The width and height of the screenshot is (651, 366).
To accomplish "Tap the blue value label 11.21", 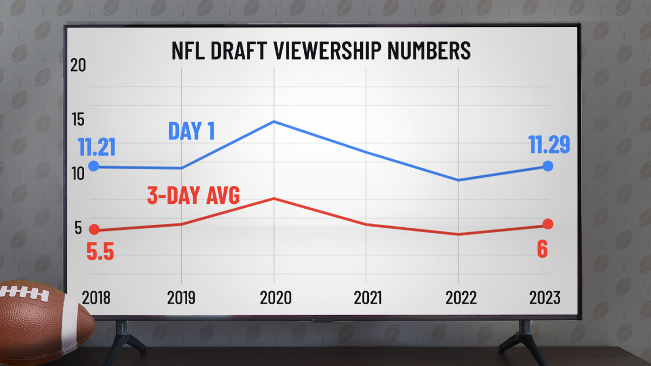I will [97, 147].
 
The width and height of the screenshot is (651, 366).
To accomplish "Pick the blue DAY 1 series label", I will [192, 131].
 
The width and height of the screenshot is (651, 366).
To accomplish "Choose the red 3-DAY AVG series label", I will [194, 196].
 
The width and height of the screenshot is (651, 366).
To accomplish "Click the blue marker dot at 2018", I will [94, 166].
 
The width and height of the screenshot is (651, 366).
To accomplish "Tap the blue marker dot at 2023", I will [548, 166].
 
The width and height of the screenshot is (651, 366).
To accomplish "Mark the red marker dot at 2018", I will [94, 229].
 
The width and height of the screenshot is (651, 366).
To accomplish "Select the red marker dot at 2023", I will [548, 224].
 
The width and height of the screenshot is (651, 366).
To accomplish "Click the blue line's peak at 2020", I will [274, 121].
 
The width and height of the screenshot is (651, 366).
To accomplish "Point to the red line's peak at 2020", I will [274, 198].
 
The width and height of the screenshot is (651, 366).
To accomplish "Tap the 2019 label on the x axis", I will [181, 297].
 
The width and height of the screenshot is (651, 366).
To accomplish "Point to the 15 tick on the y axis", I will [79, 120].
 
